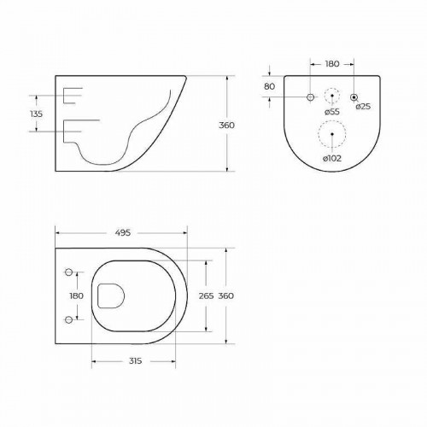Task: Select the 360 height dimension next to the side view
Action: point(226,125)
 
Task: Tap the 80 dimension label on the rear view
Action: point(269,86)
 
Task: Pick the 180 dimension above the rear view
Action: point(332,63)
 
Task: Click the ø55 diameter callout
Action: point(332,112)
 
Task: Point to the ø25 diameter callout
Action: point(363,106)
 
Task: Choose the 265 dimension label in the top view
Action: point(205,295)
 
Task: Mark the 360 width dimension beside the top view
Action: point(226,295)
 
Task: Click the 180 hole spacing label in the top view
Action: point(76,295)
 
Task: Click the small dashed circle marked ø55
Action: point(332,96)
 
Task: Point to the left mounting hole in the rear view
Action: point(309,97)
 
